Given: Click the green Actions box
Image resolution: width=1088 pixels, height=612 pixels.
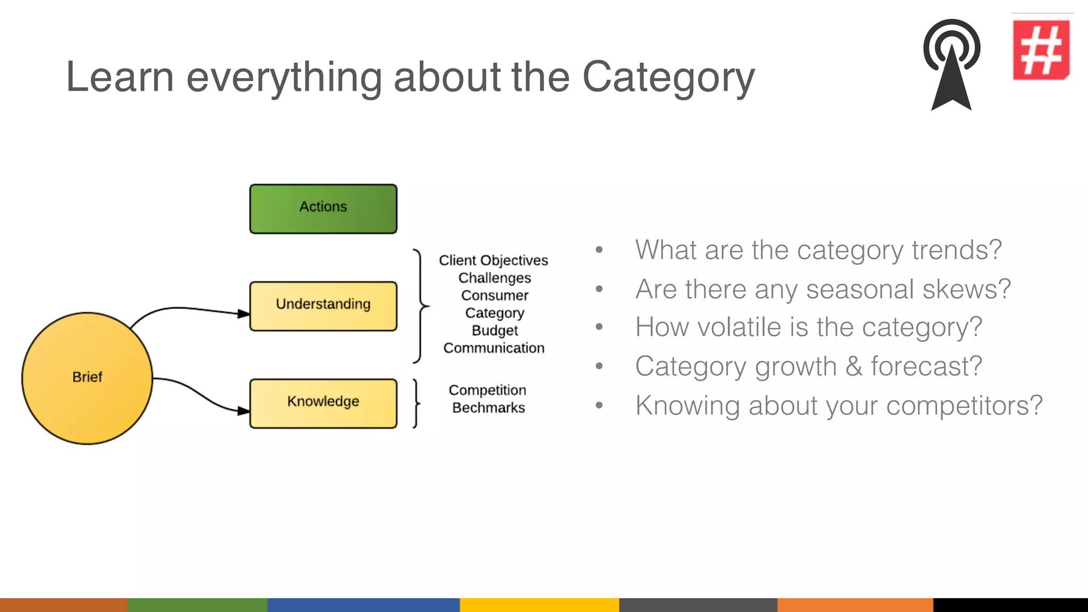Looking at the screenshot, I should (x=323, y=209).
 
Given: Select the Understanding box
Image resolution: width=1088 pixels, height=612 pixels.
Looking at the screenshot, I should (x=323, y=306).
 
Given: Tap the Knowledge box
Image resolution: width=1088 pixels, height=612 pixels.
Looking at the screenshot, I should (x=323, y=403).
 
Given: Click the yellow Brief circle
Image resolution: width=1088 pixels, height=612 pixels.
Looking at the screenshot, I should (x=87, y=378).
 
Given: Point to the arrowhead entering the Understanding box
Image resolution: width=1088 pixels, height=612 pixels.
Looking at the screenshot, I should (x=243, y=313).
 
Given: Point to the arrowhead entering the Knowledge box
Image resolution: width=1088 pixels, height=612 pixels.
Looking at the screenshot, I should (x=243, y=411).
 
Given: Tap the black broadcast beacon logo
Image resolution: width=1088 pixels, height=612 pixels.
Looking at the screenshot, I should (x=951, y=64).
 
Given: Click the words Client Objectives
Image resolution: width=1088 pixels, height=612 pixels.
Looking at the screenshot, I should (x=493, y=260).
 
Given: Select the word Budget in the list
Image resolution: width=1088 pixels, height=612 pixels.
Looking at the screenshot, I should (x=495, y=330).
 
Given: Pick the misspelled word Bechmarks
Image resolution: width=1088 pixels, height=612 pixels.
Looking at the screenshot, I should (x=488, y=408).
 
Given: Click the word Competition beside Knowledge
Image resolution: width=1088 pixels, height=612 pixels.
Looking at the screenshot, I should (x=487, y=390).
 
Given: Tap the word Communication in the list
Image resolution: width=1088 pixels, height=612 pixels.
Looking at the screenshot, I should (x=494, y=348).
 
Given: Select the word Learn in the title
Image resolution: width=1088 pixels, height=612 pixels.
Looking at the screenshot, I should (x=120, y=78).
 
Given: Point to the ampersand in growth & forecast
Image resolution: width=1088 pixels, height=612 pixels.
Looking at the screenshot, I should (x=854, y=367).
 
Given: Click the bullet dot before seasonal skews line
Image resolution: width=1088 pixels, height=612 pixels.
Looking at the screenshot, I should (x=599, y=289).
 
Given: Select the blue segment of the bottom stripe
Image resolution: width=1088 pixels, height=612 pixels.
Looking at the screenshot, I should (x=363, y=605).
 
